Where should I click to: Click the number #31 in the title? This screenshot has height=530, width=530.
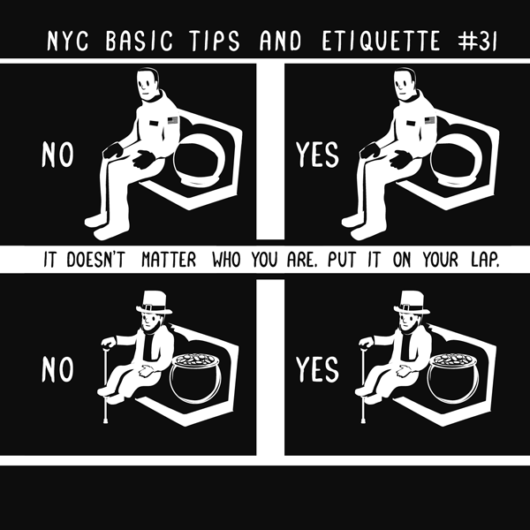(477, 42)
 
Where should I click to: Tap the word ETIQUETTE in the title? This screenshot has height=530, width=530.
(381, 42)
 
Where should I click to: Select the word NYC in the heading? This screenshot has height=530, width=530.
(68, 42)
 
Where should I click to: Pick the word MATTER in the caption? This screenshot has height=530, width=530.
(169, 260)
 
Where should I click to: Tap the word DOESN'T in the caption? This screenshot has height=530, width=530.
(95, 260)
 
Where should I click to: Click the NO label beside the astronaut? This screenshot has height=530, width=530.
(57, 155)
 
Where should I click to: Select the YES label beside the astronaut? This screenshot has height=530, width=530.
(317, 155)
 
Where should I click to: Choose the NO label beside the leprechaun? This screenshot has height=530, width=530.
(57, 369)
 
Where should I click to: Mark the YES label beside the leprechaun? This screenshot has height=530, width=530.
(317, 369)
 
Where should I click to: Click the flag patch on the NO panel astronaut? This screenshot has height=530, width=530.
(173, 120)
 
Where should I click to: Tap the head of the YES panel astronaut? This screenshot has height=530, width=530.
(405, 84)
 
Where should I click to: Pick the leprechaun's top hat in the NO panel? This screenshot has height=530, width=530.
(154, 302)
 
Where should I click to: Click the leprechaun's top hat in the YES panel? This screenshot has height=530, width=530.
(412, 302)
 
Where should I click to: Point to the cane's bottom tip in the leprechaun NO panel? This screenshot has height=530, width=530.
(105, 421)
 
